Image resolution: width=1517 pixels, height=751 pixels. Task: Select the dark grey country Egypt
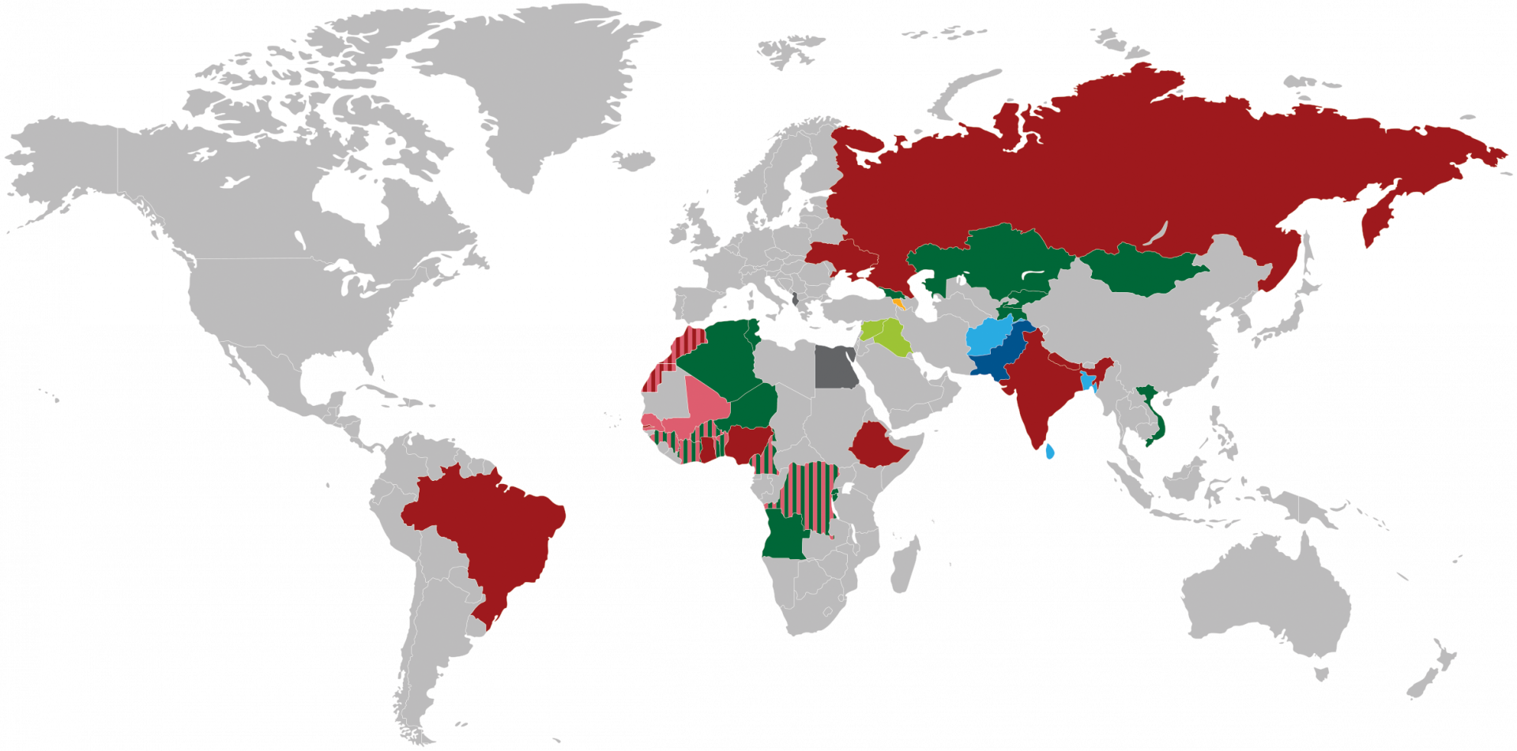pos(835,367)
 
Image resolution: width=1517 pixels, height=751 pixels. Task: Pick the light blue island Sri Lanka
pos(1049,452)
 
